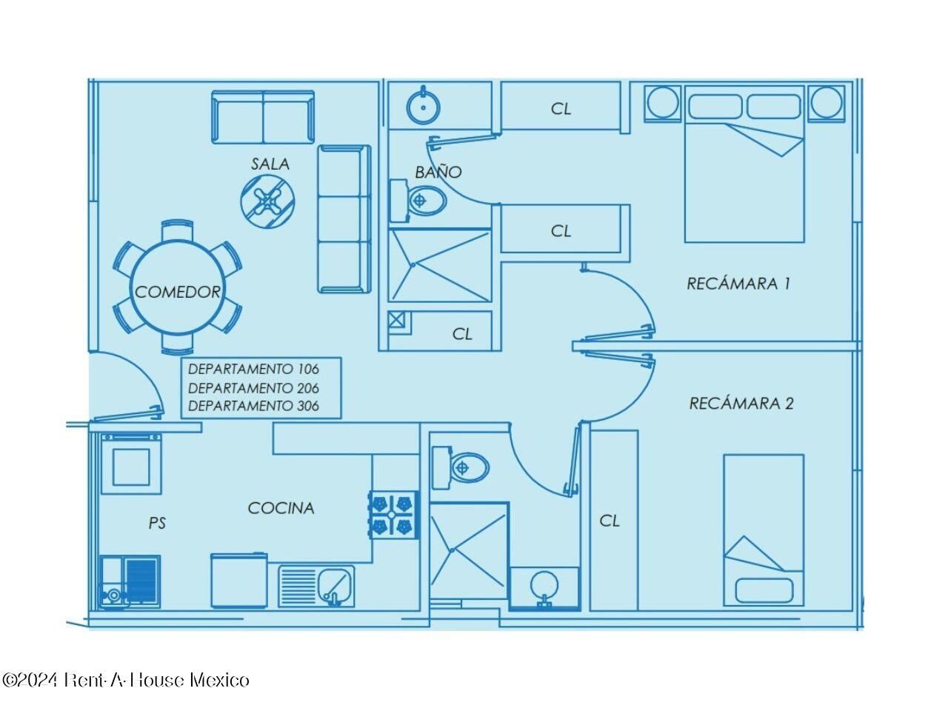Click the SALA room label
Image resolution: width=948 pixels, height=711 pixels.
pyautogui.click(x=270, y=164)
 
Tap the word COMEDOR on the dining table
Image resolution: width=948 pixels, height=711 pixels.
pyautogui.click(x=178, y=292)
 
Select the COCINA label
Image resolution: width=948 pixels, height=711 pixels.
pyautogui.click(x=281, y=508)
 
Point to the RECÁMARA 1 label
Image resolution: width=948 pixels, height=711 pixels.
pyautogui.click(x=738, y=283)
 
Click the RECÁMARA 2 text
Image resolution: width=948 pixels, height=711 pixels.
pyautogui.click(x=741, y=403)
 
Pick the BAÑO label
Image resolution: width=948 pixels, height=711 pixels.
pyautogui.click(x=438, y=172)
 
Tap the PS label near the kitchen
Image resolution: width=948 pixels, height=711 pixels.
pyautogui.click(x=157, y=523)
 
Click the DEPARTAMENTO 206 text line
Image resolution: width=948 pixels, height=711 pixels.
pyautogui.click(x=253, y=388)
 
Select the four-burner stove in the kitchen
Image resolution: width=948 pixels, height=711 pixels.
pyautogui.click(x=393, y=515)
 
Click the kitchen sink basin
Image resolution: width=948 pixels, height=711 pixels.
pyautogui.click(x=334, y=587)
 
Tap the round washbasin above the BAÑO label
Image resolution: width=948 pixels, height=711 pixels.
pyautogui.click(x=423, y=107)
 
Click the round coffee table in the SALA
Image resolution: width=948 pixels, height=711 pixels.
pyautogui.click(x=267, y=201)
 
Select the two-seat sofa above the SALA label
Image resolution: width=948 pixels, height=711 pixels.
pyautogui.click(x=263, y=117)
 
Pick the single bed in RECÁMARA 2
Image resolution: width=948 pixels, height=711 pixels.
pyautogui.click(x=764, y=530)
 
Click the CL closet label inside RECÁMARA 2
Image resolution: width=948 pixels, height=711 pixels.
pyautogui.click(x=610, y=521)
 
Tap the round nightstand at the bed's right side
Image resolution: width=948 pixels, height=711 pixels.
pyautogui.click(x=827, y=104)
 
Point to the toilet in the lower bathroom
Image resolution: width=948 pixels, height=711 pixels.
pyautogui.click(x=461, y=467)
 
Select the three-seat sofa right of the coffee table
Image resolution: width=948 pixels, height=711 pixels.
pyautogui.click(x=344, y=219)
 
